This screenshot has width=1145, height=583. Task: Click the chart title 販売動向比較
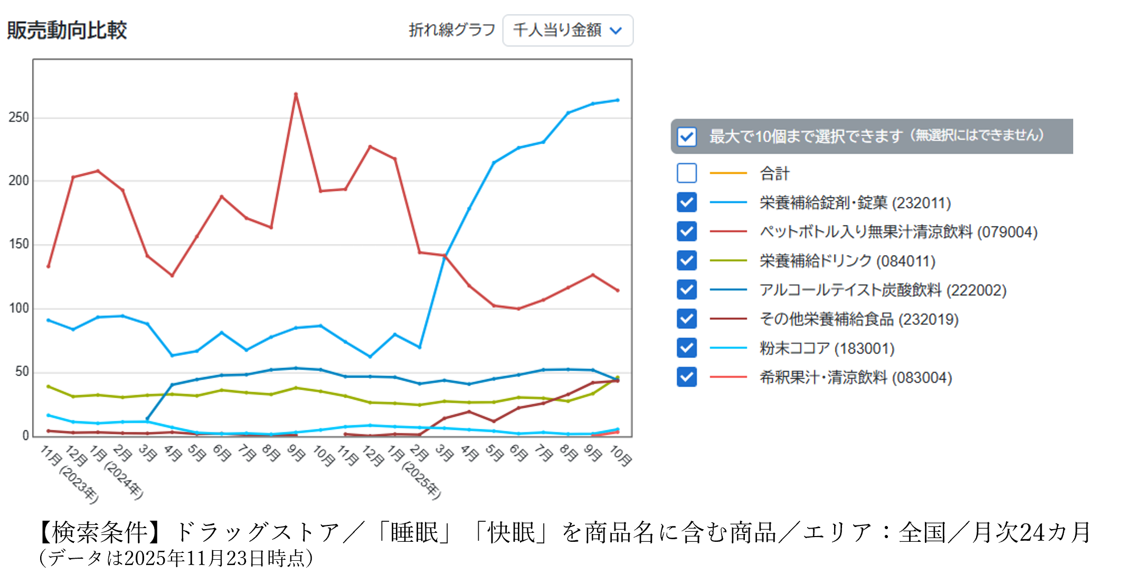(67, 30)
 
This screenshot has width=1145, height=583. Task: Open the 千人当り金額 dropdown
(567, 31)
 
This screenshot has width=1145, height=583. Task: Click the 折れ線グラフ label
(452, 30)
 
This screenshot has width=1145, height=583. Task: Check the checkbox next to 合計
(686, 173)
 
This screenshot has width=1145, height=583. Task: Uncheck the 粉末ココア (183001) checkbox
(686, 348)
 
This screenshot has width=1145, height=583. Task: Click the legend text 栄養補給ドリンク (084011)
(847, 261)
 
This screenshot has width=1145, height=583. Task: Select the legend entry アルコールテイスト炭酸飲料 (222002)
(883, 290)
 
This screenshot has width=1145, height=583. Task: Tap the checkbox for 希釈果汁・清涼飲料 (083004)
(686, 377)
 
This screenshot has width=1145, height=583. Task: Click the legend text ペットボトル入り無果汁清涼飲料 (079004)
(898, 232)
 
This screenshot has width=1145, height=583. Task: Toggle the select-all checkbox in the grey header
(686, 137)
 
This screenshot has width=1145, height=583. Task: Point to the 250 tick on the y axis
(19, 118)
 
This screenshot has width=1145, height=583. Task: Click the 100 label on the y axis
(19, 308)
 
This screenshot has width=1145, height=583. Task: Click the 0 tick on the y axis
(25, 436)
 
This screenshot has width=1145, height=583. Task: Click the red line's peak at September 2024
(296, 94)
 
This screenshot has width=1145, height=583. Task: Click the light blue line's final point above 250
(618, 100)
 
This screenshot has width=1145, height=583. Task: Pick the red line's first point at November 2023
(49, 266)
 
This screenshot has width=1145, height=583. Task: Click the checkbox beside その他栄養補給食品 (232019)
(686, 319)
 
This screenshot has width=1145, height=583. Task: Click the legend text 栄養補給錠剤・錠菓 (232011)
(855, 203)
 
